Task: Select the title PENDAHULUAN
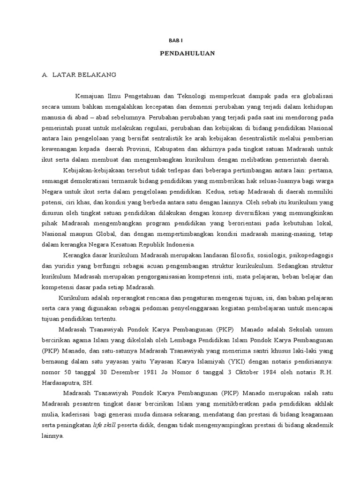tap(187, 53)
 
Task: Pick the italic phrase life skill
tap(104, 425)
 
